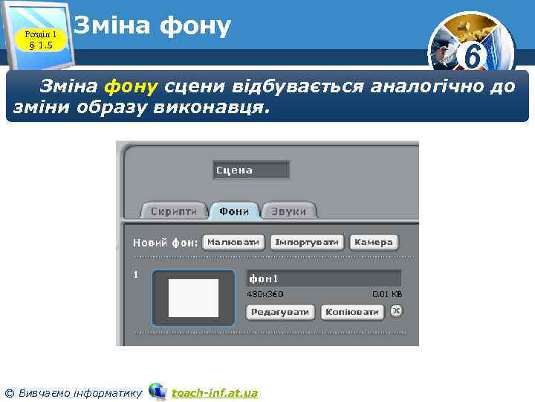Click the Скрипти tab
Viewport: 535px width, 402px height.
pos(174,211)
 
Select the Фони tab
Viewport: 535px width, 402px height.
pos(234,211)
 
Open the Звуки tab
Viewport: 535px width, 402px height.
pos(288,211)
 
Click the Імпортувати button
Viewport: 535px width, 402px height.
pos(308,243)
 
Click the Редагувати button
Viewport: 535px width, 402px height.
pos(280,312)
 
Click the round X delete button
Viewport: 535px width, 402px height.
pos(396,311)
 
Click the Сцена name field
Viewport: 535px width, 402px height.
pos(250,170)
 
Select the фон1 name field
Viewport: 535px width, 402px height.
pos(323,278)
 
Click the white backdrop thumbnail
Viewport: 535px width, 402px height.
pos(193,298)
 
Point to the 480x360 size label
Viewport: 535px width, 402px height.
pos(265,294)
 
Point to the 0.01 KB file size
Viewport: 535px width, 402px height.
pos(386,294)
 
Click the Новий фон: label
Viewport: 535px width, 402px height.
pos(165,243)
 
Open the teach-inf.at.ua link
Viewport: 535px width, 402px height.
pos(215,392)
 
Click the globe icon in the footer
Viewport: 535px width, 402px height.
pos(157,391)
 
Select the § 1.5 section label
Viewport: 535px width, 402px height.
pos(41,46)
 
